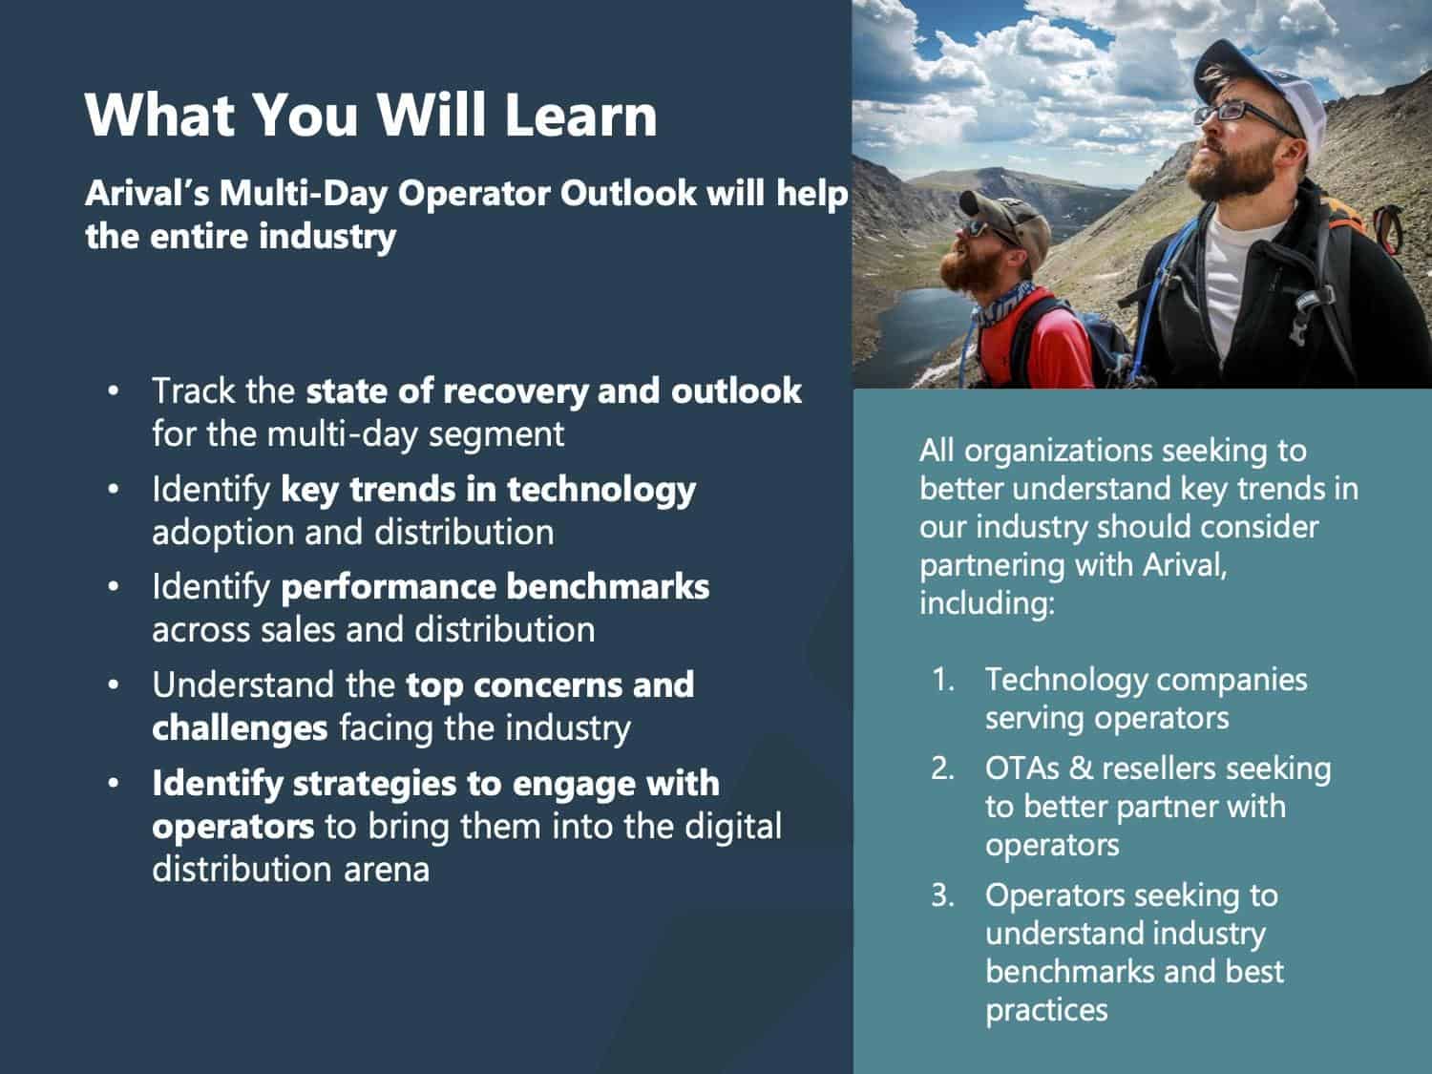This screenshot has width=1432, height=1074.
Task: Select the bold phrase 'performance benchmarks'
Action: (495, 587)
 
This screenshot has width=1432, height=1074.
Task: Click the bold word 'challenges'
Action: (240, 727)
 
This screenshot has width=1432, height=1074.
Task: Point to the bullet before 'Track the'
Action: (114, 390)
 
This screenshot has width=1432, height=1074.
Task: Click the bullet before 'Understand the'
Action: (114, 684)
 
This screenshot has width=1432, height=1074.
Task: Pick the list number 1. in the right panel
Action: (943, 680)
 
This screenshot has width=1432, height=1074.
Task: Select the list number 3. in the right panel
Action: (943, 895)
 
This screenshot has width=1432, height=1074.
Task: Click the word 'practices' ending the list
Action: (1046, 1010)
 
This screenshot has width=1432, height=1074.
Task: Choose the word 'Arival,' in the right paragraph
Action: (1185, 565)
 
